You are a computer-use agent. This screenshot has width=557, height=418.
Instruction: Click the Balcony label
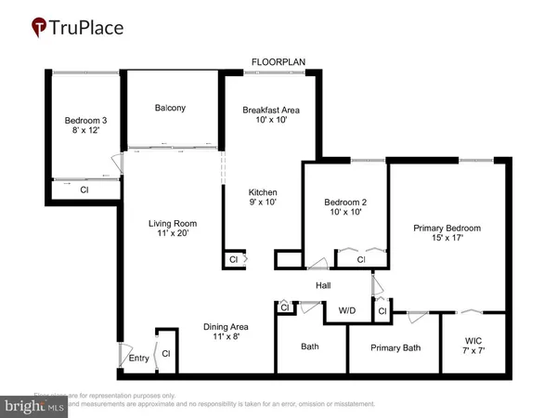click(170, 108)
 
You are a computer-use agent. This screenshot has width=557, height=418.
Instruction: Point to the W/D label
click(347, 310)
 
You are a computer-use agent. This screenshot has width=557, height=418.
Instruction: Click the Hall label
click(323, 286)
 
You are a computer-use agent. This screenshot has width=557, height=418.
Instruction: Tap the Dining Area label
click(227, 332)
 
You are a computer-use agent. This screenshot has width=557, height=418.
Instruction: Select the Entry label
click(138, 358)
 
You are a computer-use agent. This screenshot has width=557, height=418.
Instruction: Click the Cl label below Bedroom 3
click(84, 189)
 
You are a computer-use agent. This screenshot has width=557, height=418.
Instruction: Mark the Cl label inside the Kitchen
click(233, 260)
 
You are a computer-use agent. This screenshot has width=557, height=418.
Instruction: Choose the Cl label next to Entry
click(166, 354)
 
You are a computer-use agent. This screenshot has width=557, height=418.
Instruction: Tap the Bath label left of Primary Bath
click(310, 346)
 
